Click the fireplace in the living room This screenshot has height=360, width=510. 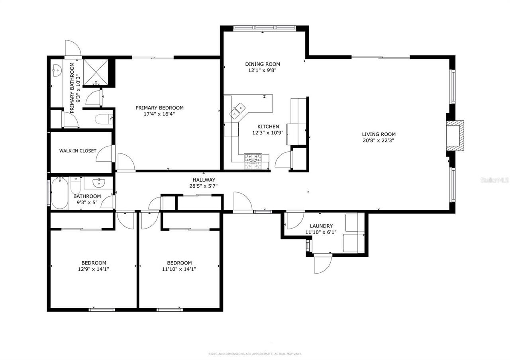click(455, 136)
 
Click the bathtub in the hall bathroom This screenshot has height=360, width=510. click(59, 193)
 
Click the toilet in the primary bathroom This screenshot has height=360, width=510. click(104, 119)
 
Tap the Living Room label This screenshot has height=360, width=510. click(379, 134)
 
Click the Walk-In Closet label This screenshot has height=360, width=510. click(78, 151)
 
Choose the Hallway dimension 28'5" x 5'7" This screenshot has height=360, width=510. click(203, 186)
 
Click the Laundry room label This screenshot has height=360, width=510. click(321, 226)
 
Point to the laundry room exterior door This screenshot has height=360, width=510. click(323, 264)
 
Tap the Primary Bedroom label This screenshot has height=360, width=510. click(159, 108)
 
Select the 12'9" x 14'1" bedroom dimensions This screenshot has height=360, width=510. click(94, 269)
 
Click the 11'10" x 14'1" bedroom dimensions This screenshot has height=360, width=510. click(179, 269)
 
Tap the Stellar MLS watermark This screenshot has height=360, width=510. click(494, 180)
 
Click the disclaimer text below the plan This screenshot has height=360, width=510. click(255, 354)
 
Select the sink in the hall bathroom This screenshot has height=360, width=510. click(98, 183)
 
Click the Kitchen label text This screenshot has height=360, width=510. click(268, 127)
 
